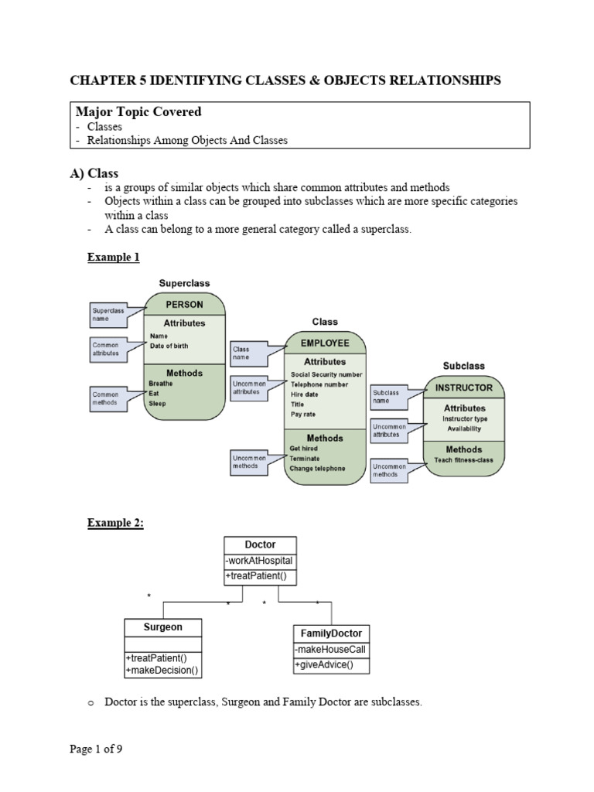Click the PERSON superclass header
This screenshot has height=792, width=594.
point(184,305)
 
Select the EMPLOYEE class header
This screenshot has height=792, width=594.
point(325,343)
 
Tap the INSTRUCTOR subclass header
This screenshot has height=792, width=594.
point(464,387)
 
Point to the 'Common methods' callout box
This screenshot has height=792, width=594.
point(109,398)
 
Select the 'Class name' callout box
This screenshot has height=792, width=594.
point(247,353)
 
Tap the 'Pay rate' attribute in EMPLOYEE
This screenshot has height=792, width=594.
point(303,415)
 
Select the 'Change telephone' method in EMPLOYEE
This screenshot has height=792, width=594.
point(317,468)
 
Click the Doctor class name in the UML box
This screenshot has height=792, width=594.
point(260,544)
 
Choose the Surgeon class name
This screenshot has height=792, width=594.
point(163,626)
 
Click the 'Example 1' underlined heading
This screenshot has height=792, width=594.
point(113,257)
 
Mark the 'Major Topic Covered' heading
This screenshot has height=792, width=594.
point(136,111)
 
